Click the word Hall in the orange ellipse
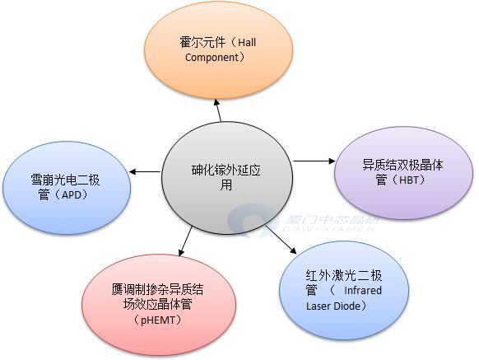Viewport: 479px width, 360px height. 247,43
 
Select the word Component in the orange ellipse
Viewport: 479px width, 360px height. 212,57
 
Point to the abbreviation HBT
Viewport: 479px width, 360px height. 409,180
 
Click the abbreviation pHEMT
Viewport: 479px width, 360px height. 158,320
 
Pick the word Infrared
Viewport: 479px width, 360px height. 363,290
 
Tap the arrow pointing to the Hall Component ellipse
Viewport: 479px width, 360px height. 218,110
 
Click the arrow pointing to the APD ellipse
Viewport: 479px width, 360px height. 145,171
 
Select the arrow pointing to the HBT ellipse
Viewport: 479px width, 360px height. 314,161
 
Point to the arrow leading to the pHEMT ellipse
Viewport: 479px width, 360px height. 185,241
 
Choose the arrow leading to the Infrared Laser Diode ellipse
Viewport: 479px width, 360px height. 281,240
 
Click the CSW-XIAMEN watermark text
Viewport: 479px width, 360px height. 328,229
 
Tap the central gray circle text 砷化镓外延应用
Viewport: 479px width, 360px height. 226,177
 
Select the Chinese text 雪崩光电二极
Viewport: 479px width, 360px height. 65,180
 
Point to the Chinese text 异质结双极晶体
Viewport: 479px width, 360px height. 402,165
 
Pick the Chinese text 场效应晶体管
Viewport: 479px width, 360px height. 158,304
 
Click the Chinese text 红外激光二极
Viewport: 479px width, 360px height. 344,276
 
